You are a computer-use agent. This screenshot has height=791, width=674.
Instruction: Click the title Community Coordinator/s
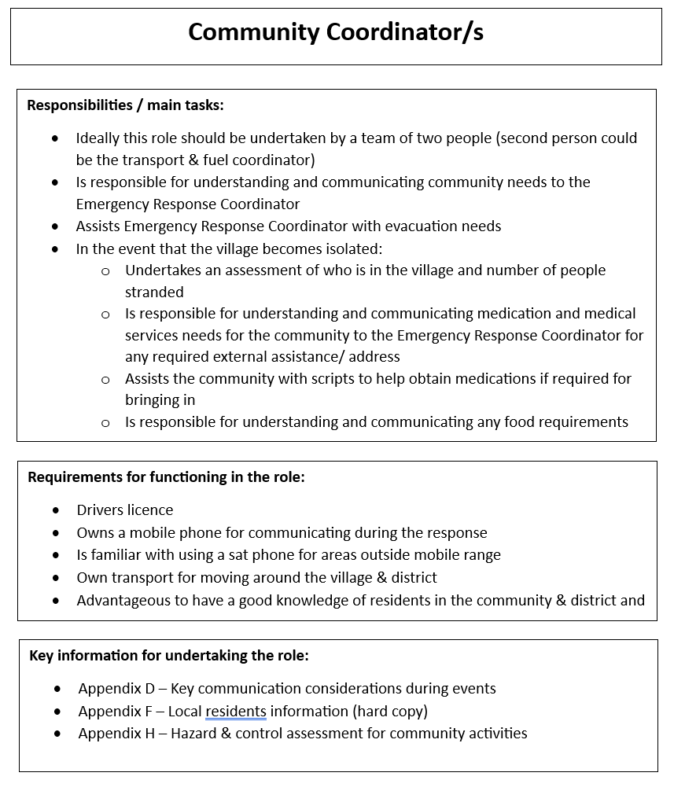[336, 32]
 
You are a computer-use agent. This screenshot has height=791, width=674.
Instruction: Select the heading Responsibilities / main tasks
[125, 105]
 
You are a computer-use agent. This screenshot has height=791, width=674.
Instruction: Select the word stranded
[154, 292]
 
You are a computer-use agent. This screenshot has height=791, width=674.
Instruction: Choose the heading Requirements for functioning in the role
[166, 476]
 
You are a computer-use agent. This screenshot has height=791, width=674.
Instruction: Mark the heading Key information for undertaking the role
[168, 655]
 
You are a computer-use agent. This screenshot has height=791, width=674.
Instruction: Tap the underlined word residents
[236, 712]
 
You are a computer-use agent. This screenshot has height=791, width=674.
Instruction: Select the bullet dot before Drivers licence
[56, 510]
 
